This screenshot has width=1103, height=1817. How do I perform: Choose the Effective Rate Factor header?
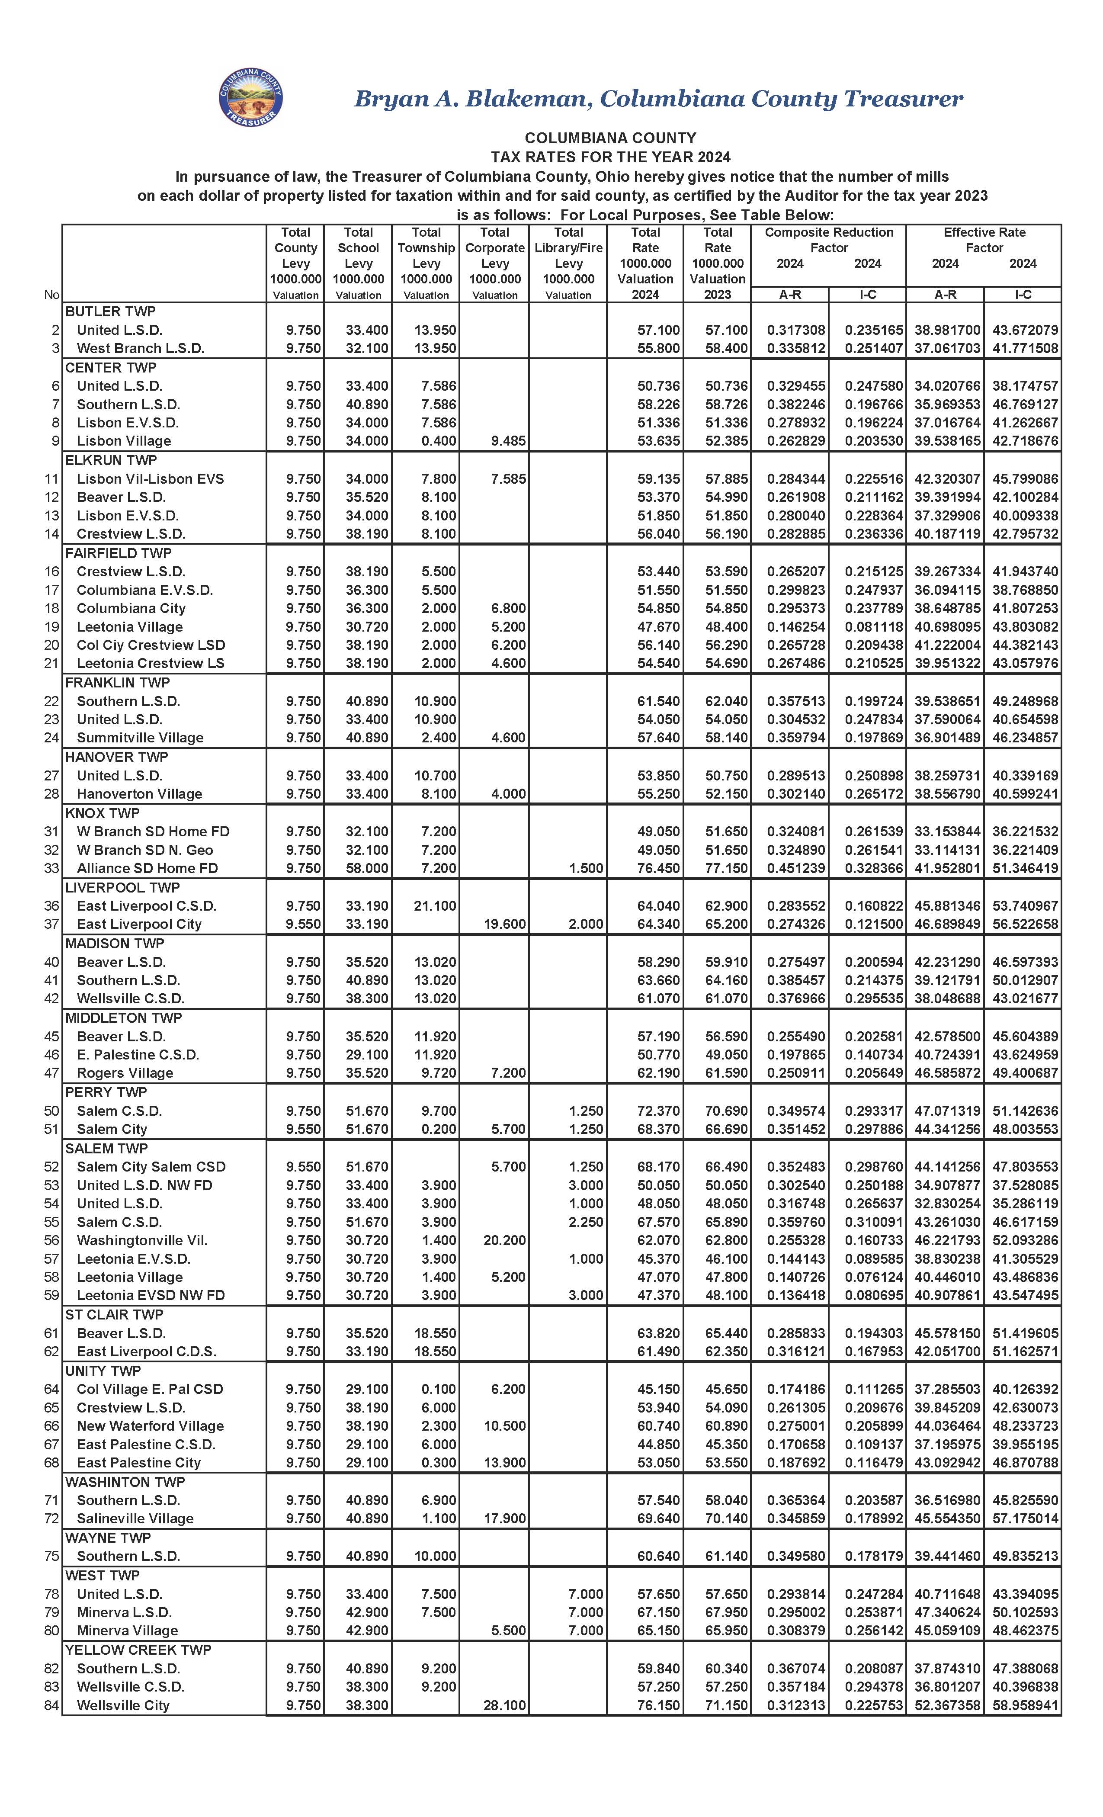click(x=984, y=240)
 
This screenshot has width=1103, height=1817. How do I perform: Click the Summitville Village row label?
click(x=140, y=738)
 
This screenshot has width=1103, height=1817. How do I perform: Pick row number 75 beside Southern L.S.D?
click(x=51, y=1556)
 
